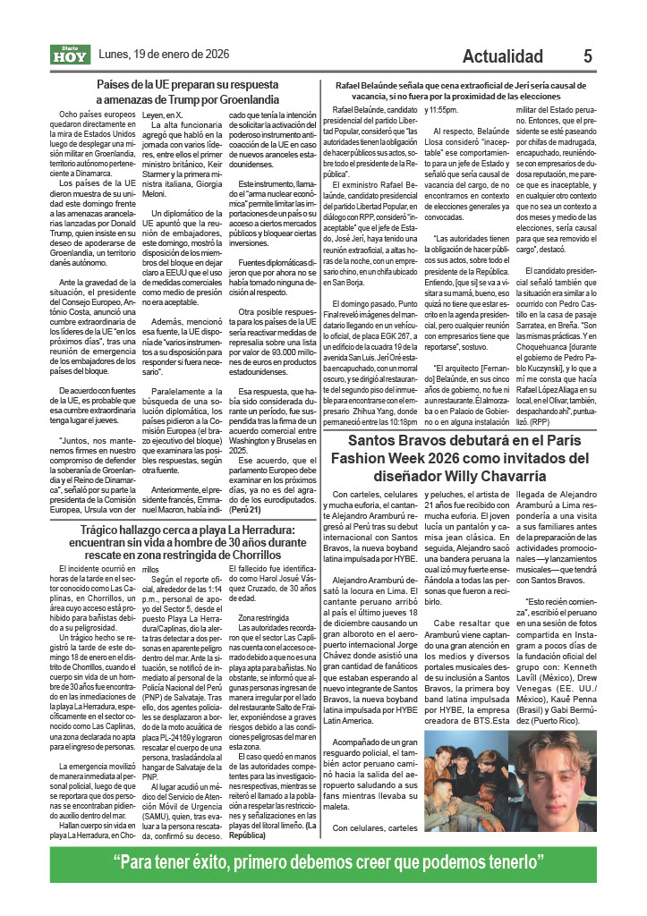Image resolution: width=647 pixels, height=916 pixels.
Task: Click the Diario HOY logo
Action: tap(69, 55)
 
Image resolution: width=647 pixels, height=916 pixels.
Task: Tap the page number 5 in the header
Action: tap(588, 56)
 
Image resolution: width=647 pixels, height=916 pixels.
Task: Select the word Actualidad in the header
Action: tap(511, 56)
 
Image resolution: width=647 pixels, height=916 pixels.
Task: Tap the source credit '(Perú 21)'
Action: tap(244, 509)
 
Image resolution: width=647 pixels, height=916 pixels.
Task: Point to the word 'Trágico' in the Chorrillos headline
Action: tap(106, 530)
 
